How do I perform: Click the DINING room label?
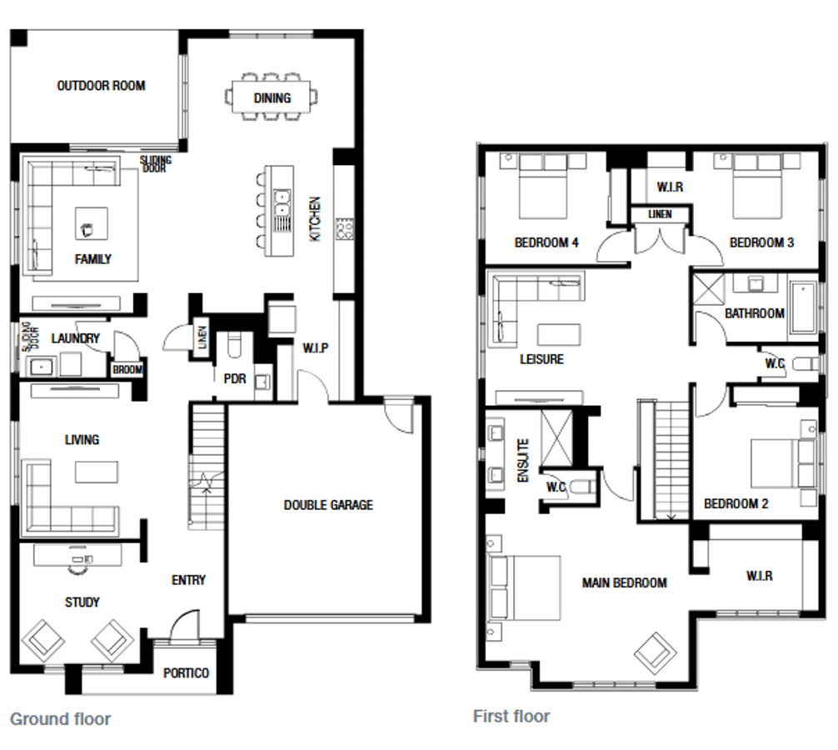(x=272, y=98)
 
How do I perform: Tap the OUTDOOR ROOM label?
(x=101, y=86)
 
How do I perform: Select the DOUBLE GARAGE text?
(x=328, y=505)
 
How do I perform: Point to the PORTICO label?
(x=186, y=673)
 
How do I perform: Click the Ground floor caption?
(x=60, y=719)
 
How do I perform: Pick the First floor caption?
(x=511, y=717)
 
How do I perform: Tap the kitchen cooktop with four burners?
(x=344, y=229)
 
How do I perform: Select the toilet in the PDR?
(x=235, y=345)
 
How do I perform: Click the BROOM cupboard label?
(x=127, y=370)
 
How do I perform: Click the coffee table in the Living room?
(x=96, y=472)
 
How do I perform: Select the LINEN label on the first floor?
(x=660, y=214)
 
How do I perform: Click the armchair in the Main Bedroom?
(x=656, y=653)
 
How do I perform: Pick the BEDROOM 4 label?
(x=546, y=242)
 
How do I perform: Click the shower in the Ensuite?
(x=556, y=438)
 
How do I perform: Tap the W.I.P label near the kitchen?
(x=316, y=348)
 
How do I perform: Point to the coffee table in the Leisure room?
(x=558, y=335)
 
